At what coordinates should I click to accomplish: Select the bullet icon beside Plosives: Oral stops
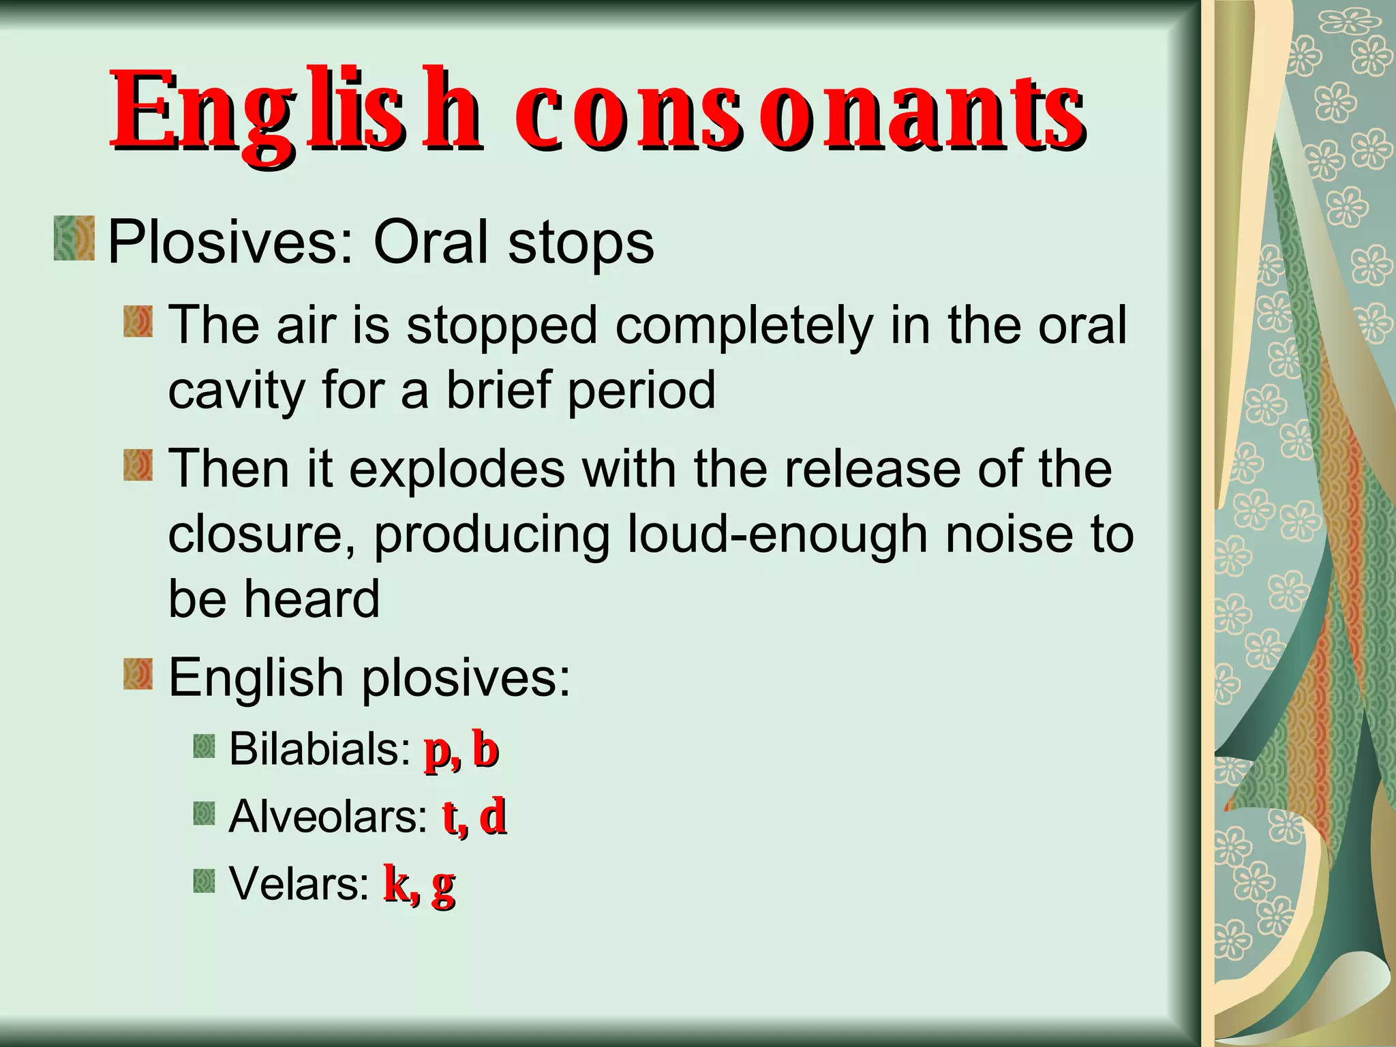74,238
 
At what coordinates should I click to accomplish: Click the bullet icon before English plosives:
138,673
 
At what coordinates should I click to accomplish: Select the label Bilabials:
319,749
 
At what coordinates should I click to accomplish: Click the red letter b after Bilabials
485,750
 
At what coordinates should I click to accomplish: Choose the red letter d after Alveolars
492,817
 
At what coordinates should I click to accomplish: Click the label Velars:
299,883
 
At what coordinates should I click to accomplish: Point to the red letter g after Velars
443,886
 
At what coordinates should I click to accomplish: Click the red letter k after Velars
397,883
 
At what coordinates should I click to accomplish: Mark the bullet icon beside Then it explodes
138,465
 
